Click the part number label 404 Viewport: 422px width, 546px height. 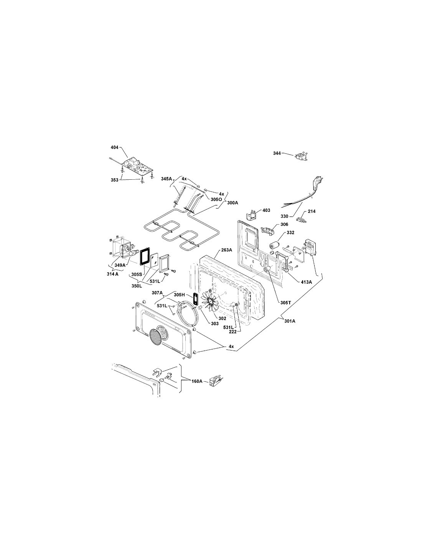pyautogui.click(x=114, y=147)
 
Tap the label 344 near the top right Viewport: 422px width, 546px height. pyautogui.click(x=277, y=153)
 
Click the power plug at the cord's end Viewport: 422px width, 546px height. pyautogui.click(x=316, y=181)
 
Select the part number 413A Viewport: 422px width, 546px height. pyautogui.click(x=306, y=282)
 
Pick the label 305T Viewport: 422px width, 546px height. pyautogui.click(x=286, y=303)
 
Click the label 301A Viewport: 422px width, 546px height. pyautogui.click(x=290, y=321)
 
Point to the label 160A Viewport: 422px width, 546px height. pyautogui.click(x=197, y=388)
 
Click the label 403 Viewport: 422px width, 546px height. pyautogui.click(x=266, y=210)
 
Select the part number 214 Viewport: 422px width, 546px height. pyautogui.click(x=312, y=211)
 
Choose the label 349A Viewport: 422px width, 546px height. pyautogui.click(x=120, y=265)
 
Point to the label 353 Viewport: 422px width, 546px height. pyautogui.click(x=114, y=180)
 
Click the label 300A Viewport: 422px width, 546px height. pyautogui.click(x=232, y=202)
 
